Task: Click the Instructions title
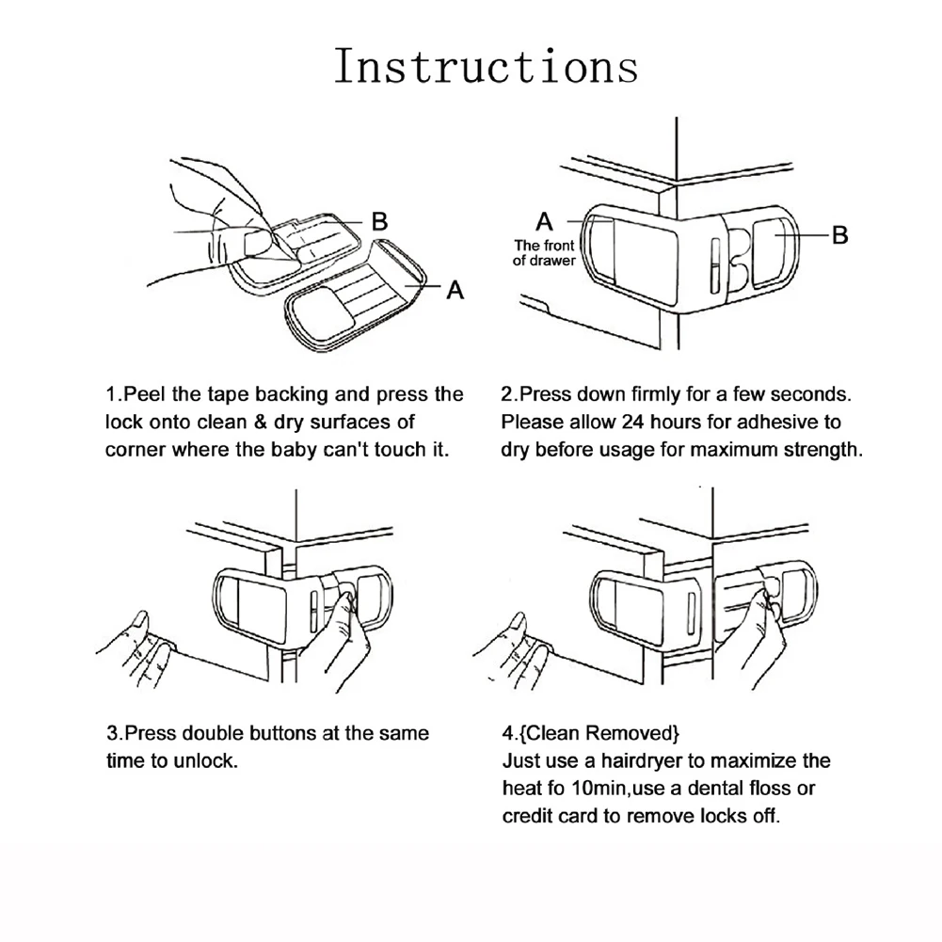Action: tap(486, 67)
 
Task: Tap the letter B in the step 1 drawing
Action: tap(379, 222)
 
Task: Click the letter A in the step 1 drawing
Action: tap(455, 290)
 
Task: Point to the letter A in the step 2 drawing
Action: tap(544, 222)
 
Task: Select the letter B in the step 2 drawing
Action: tap(840, 234)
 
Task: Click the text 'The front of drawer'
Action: tap(544, 252)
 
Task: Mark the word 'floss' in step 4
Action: tap(770, 787)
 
